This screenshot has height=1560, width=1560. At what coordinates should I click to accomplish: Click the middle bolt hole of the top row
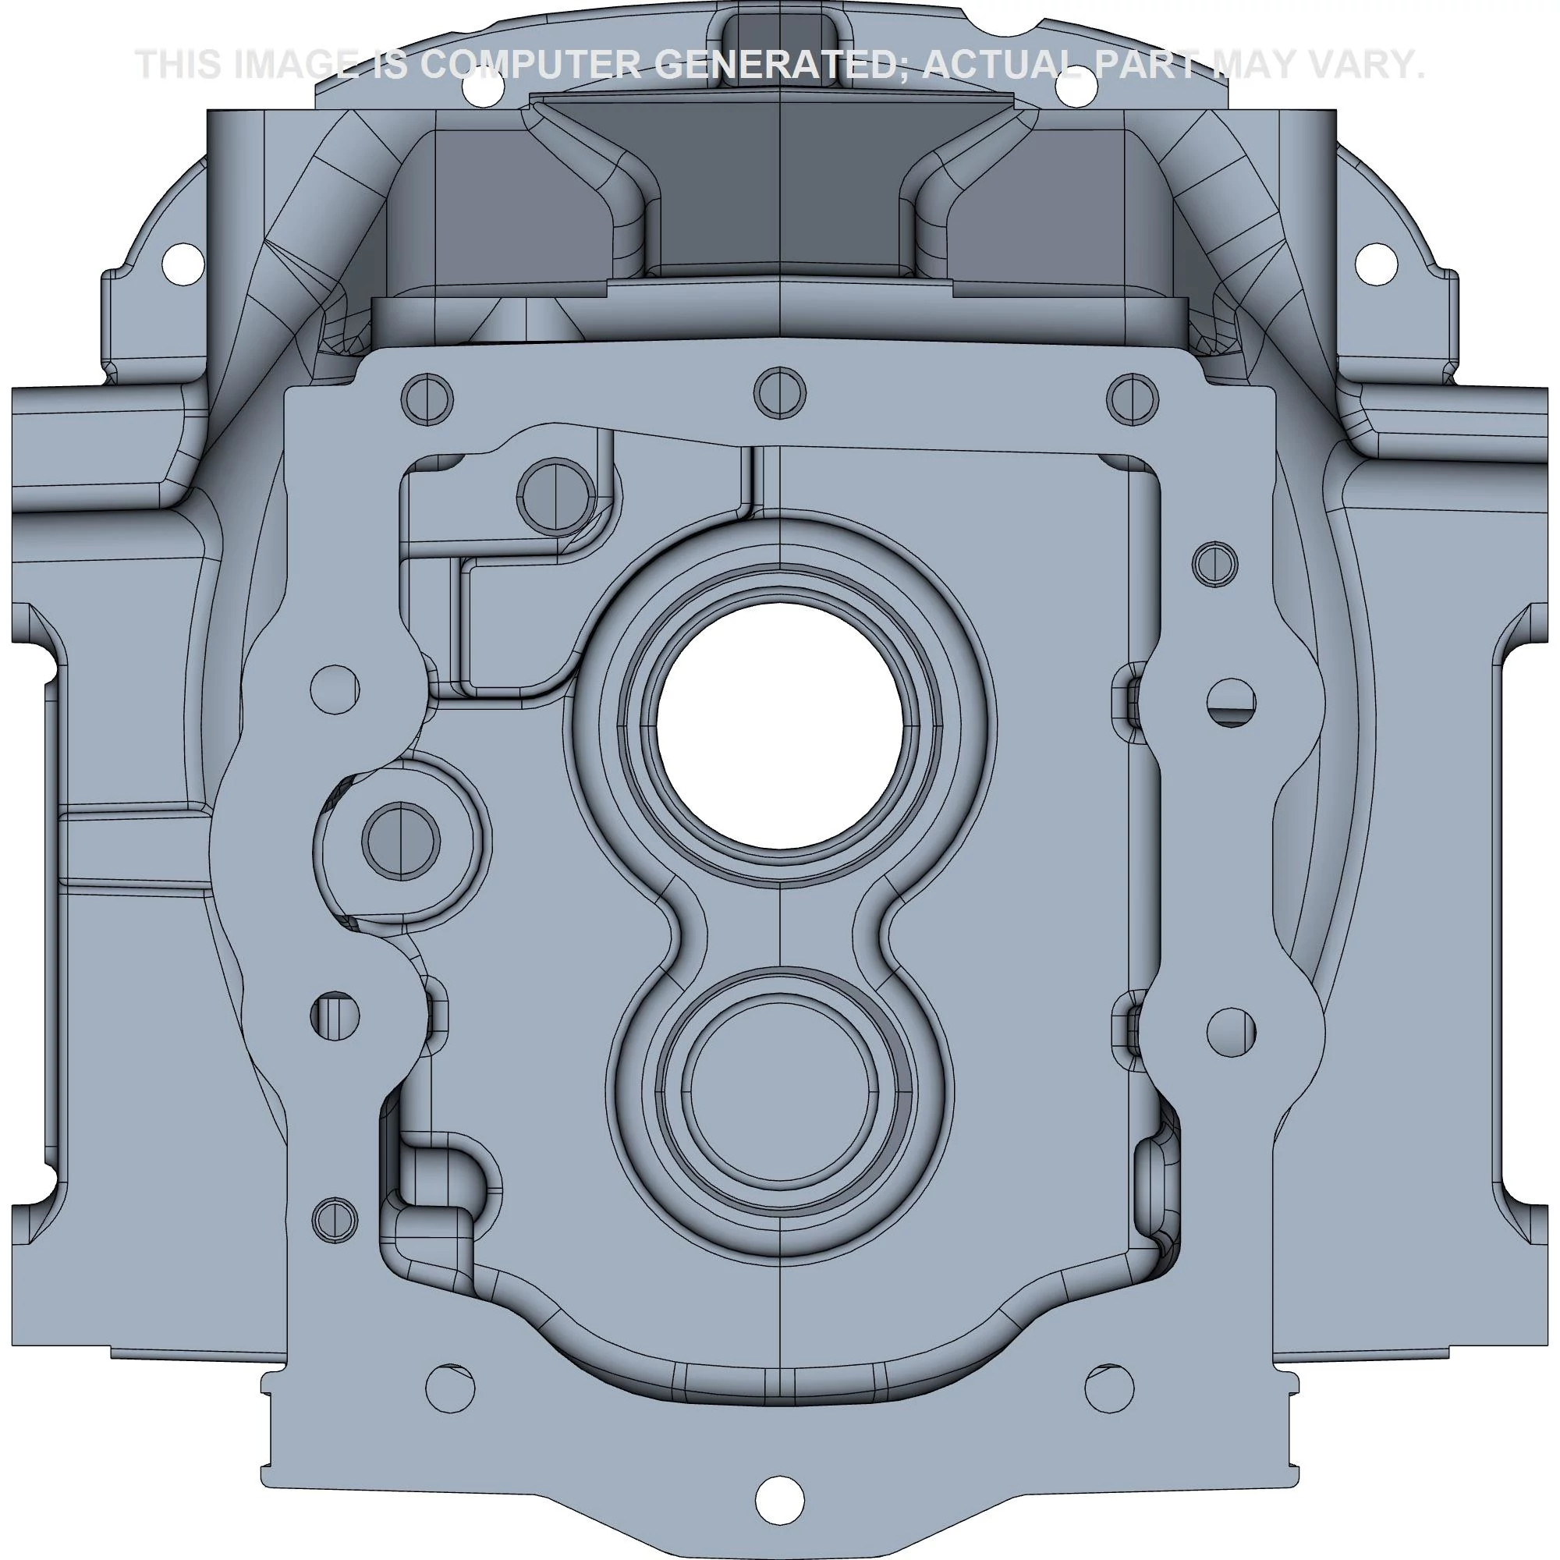tap(779, 393)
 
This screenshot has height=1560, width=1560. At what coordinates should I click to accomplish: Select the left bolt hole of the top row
tap(427, 399)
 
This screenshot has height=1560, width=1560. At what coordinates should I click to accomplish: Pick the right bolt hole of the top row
tap(1133, 398)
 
